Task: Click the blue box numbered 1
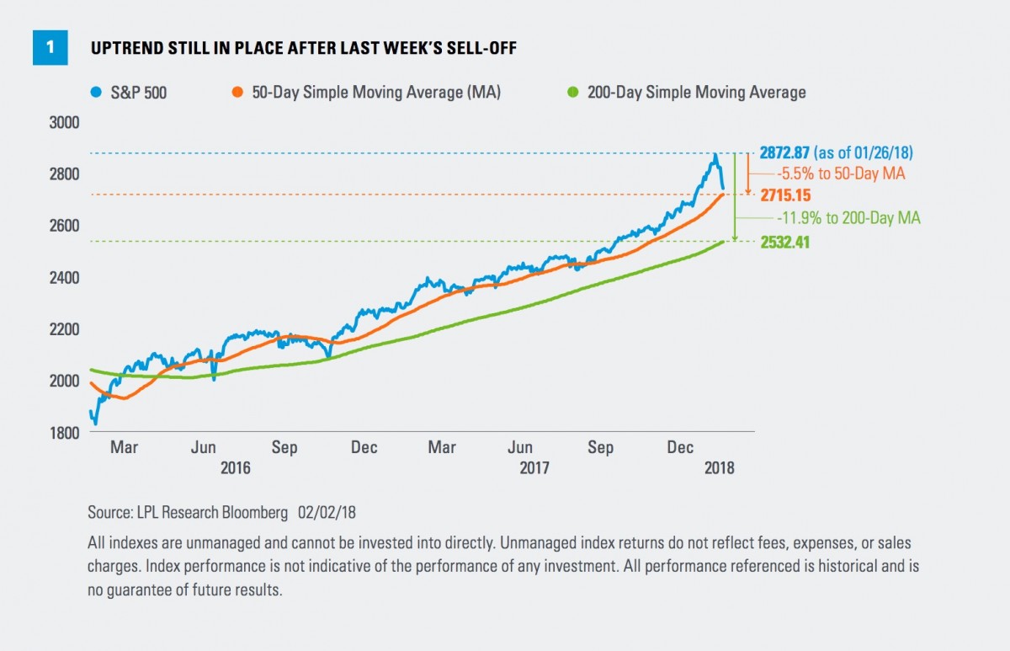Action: point(50,48)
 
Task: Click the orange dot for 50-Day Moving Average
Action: point(239,93)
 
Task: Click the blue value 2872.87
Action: point(789,153)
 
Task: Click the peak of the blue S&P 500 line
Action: point(715,155)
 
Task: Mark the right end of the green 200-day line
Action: point(725,242)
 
